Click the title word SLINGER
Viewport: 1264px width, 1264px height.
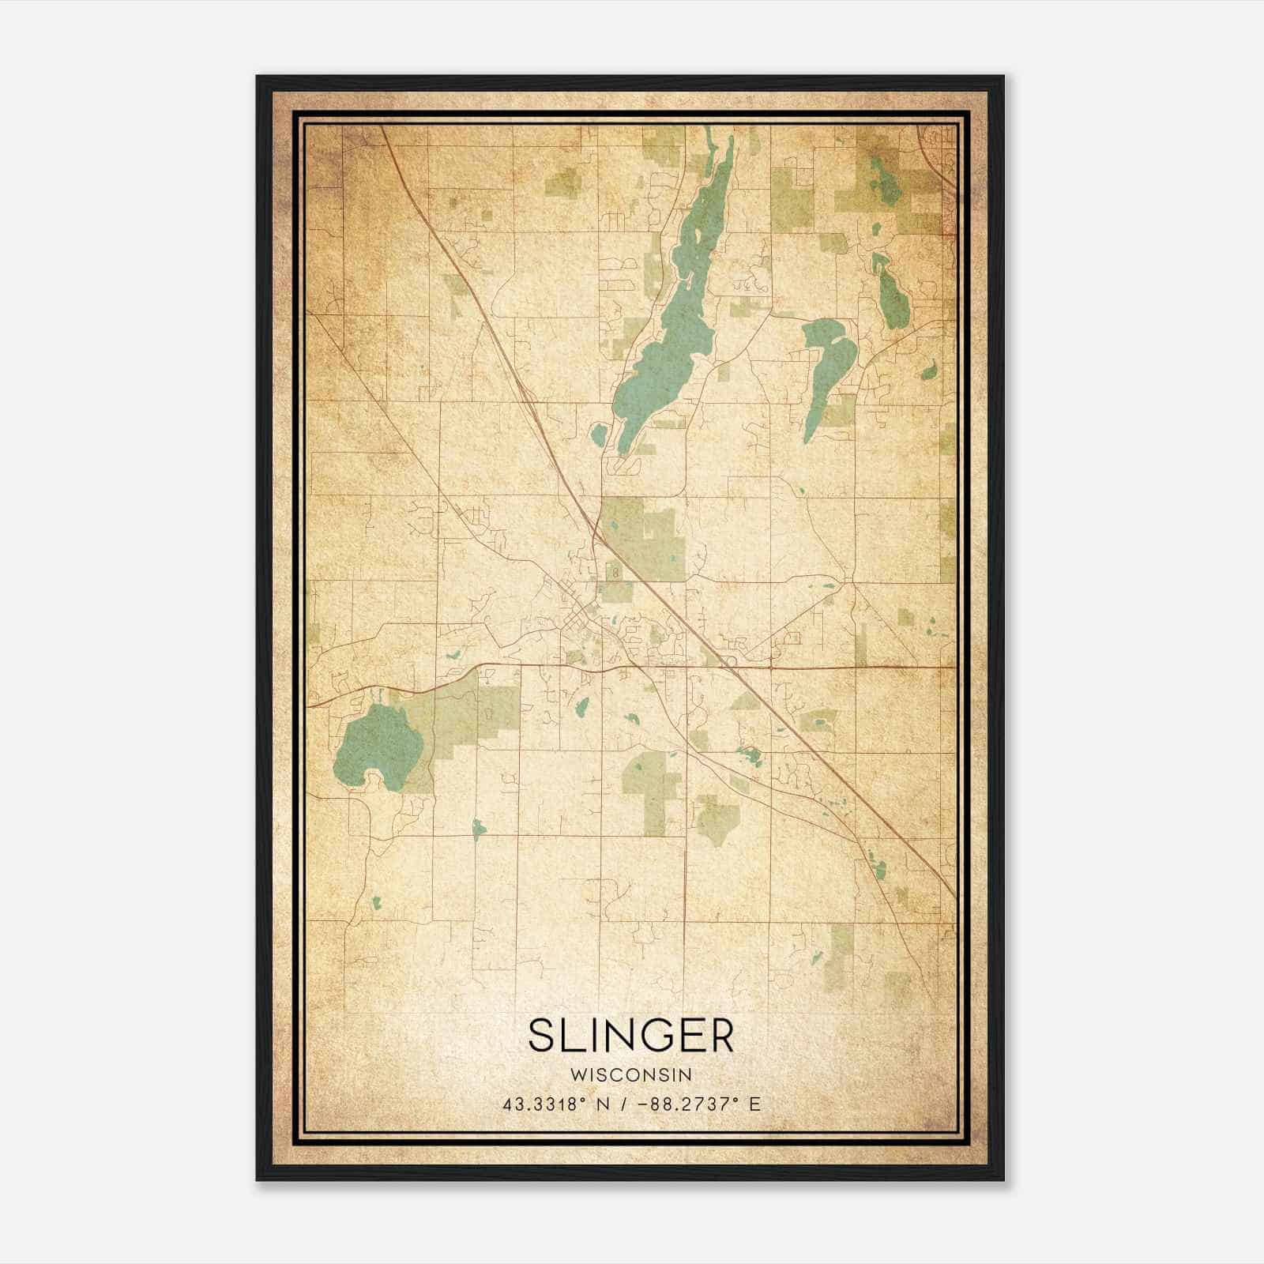[631, 1035]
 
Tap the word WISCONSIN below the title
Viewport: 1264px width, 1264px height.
[631, 1075]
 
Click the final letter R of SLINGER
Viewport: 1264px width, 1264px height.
[720, 1035]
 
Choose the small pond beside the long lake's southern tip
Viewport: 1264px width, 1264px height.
[598, 433]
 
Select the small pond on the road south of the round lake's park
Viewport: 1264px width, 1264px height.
[476, 828]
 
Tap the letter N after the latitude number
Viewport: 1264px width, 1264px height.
[602, 1104]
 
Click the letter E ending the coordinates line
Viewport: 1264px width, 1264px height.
[755, 1104]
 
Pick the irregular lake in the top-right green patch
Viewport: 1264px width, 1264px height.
[885, 182]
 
